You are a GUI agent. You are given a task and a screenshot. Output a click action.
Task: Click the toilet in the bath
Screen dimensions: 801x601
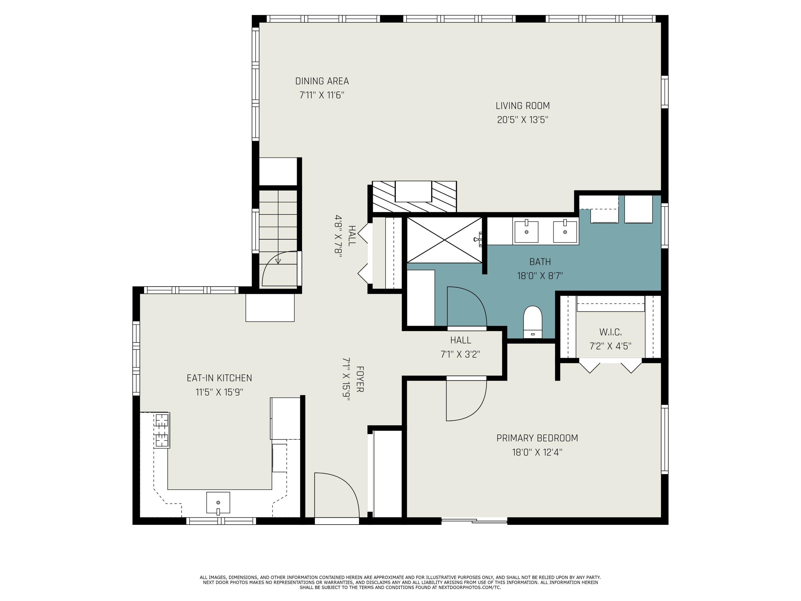pyautogui.click(x=533, y=322)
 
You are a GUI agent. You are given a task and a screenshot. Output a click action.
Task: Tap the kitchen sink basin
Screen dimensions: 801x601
pyautogui.click(x=218, y=502)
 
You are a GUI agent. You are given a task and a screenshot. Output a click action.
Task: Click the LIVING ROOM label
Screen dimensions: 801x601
pyautogui.click(x=523, y=106)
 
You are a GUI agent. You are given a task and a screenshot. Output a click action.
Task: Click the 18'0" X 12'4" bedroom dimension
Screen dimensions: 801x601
pyautogui.click(x=537, y=452)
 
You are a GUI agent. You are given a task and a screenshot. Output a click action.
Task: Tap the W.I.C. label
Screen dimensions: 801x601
pyautogui.click(x=611, y=332)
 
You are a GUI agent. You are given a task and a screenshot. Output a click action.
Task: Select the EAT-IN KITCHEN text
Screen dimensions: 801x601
pyautogui.click(x=219, y=378)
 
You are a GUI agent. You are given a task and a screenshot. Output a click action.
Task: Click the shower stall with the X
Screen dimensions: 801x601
pyautogui.click(x=445, y=240)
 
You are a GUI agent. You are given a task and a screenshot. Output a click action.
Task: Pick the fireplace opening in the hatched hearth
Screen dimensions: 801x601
pyautogui.click(x=413, y=191)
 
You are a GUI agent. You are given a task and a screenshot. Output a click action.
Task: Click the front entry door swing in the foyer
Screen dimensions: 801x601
pyautogui.click(x=336, y=495)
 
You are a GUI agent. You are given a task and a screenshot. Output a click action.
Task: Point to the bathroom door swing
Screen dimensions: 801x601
pyautogui.click(x=467, y=306)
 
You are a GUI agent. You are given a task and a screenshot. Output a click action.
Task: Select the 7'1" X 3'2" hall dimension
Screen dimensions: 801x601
pyautogui.click(x=460, y=354)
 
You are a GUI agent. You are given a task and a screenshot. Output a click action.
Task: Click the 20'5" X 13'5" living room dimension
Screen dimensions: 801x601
pyautogui.click(x=523, y=120)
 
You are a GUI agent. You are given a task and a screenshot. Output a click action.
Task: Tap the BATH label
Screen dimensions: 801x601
pyautogui.click(x=540, y=262)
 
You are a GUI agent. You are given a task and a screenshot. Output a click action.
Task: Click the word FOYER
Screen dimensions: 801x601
pyautogui.click(x=360, y=379)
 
